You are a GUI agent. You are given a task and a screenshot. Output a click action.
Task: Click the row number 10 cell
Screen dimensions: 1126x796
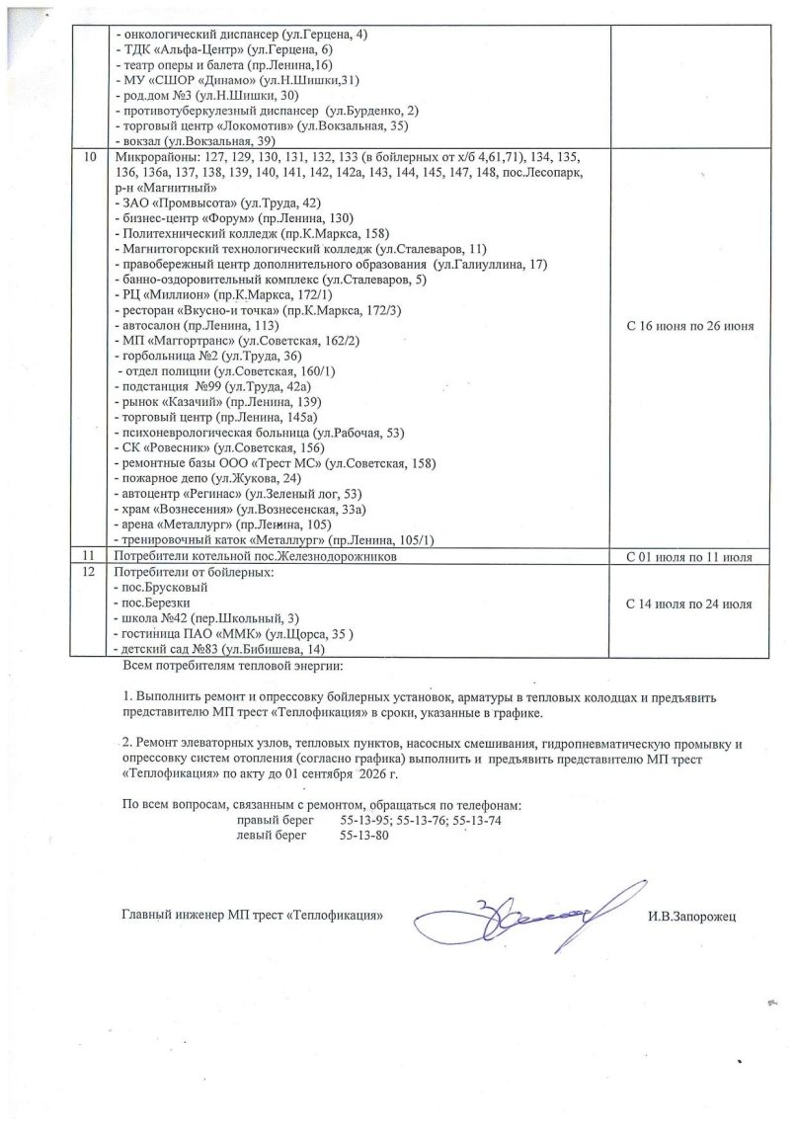[x=92, y=158]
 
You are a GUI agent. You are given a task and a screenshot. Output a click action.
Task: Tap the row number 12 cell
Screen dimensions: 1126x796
[x=92, y=573]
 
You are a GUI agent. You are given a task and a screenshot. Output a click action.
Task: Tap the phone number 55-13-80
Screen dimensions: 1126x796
[x=364, y=836]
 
